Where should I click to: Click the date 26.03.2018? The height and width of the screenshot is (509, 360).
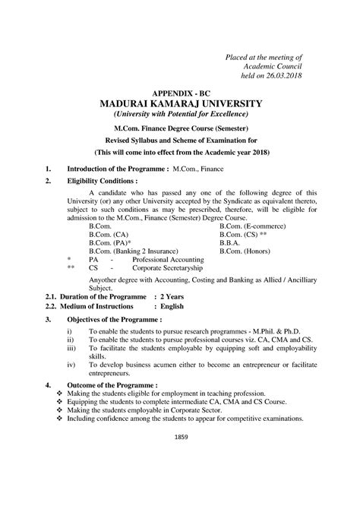pos(286,76)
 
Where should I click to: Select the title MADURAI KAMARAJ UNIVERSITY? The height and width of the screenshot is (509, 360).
pos(181,103)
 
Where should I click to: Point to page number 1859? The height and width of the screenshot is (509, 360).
pos(181,437)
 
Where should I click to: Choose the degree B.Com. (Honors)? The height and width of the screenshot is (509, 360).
pos(245,251)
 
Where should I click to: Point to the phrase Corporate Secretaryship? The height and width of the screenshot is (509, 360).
pos(169,267)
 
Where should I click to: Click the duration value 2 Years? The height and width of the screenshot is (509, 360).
pos(170,296)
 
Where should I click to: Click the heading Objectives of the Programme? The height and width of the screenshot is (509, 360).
pos(114,320)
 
